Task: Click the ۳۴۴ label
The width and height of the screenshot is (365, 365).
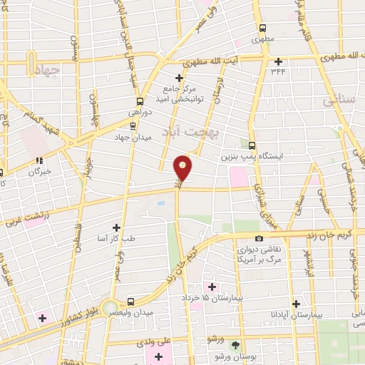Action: [277, 71]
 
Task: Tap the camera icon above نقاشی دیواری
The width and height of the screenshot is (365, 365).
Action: [259, 238]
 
